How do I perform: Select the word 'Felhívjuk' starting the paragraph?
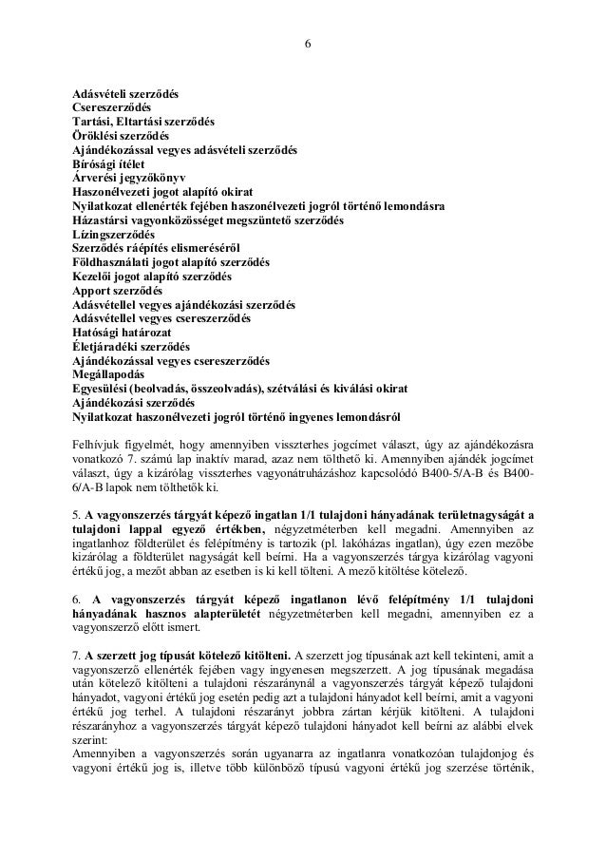[x=97, y=443]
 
